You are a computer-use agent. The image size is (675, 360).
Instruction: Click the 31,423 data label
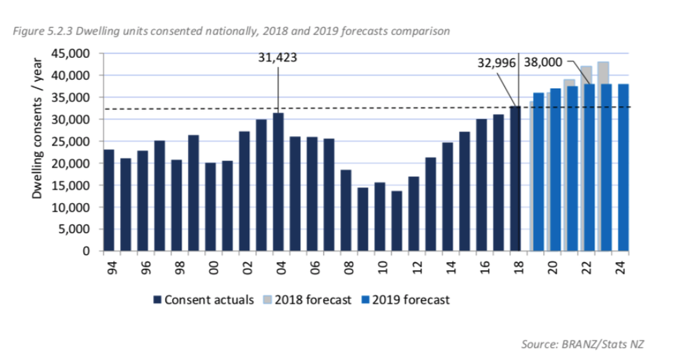277,58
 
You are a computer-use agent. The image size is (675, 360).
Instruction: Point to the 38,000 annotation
543,62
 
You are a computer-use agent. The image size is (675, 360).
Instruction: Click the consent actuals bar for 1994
109,200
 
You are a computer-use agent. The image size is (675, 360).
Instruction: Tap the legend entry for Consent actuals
203,300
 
